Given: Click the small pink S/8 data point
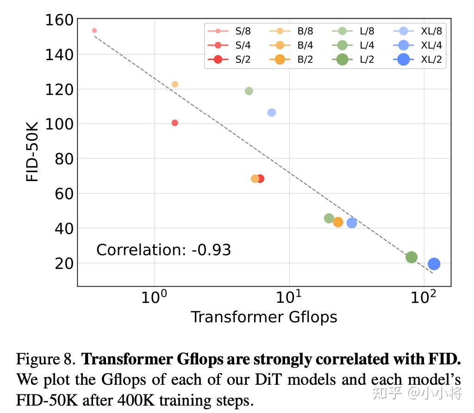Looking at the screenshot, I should [x=94, y=31].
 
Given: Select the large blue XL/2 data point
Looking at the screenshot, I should [x=434, y=264].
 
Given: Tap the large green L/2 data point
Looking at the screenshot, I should [x=412, y=257].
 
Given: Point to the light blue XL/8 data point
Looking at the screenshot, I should [x=272, y=113].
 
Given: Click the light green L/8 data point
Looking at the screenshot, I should [x=249, y=91].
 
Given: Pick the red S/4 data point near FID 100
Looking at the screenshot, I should [x=175, y=123].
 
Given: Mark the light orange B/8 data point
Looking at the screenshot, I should [x=175, y=84].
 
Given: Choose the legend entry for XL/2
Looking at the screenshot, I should [x=418, y=59].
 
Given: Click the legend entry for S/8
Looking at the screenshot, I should [x=231, y=31].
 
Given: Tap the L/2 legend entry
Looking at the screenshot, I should [x=356, y=59].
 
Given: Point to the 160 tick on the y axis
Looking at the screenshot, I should [x=59, y=20].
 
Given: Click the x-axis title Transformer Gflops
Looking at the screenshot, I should [x=264, y=317].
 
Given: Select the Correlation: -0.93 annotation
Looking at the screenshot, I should [x=163, y=250].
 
